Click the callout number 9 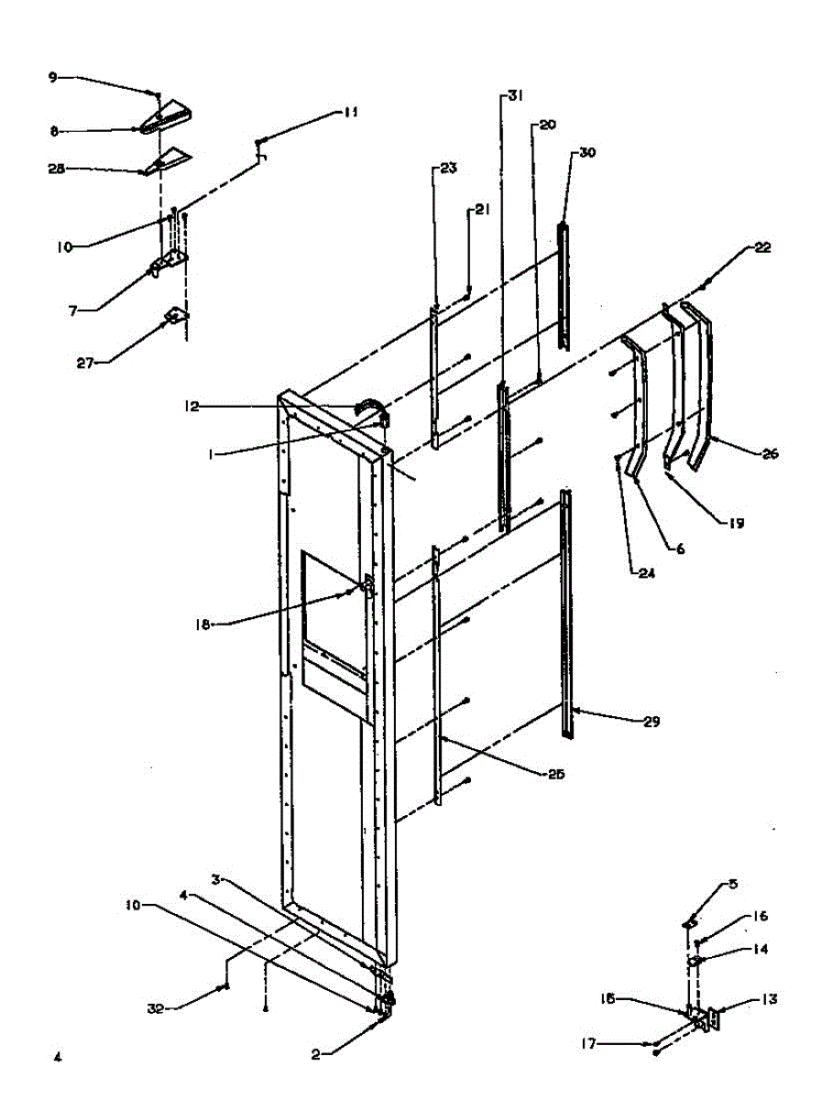53,78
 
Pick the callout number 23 448,169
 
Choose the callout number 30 586,153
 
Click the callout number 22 763,247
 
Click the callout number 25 556,774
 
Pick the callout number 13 768,999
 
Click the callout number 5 733,884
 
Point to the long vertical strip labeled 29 569,614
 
